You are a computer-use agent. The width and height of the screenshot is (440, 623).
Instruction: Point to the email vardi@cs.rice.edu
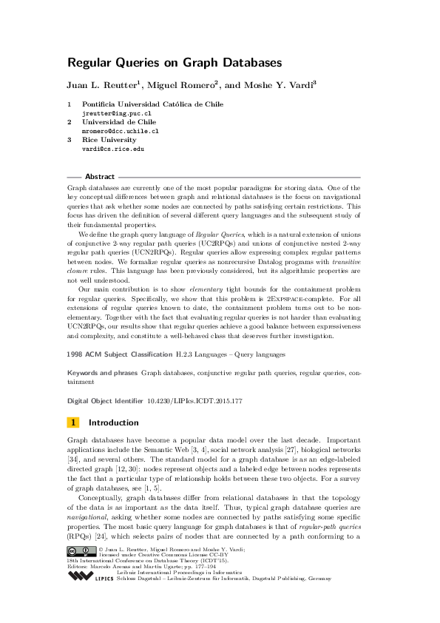pos(112,148)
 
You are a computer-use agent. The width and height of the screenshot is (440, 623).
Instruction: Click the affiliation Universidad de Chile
pos(118,121)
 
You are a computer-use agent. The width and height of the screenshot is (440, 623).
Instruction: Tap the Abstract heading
pos(100,178)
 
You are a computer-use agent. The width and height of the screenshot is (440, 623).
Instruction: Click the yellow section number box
pos(73,422)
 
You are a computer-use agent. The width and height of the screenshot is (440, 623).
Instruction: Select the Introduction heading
pos(113,422)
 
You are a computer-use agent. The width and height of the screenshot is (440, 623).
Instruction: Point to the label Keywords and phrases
pos(102,374)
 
